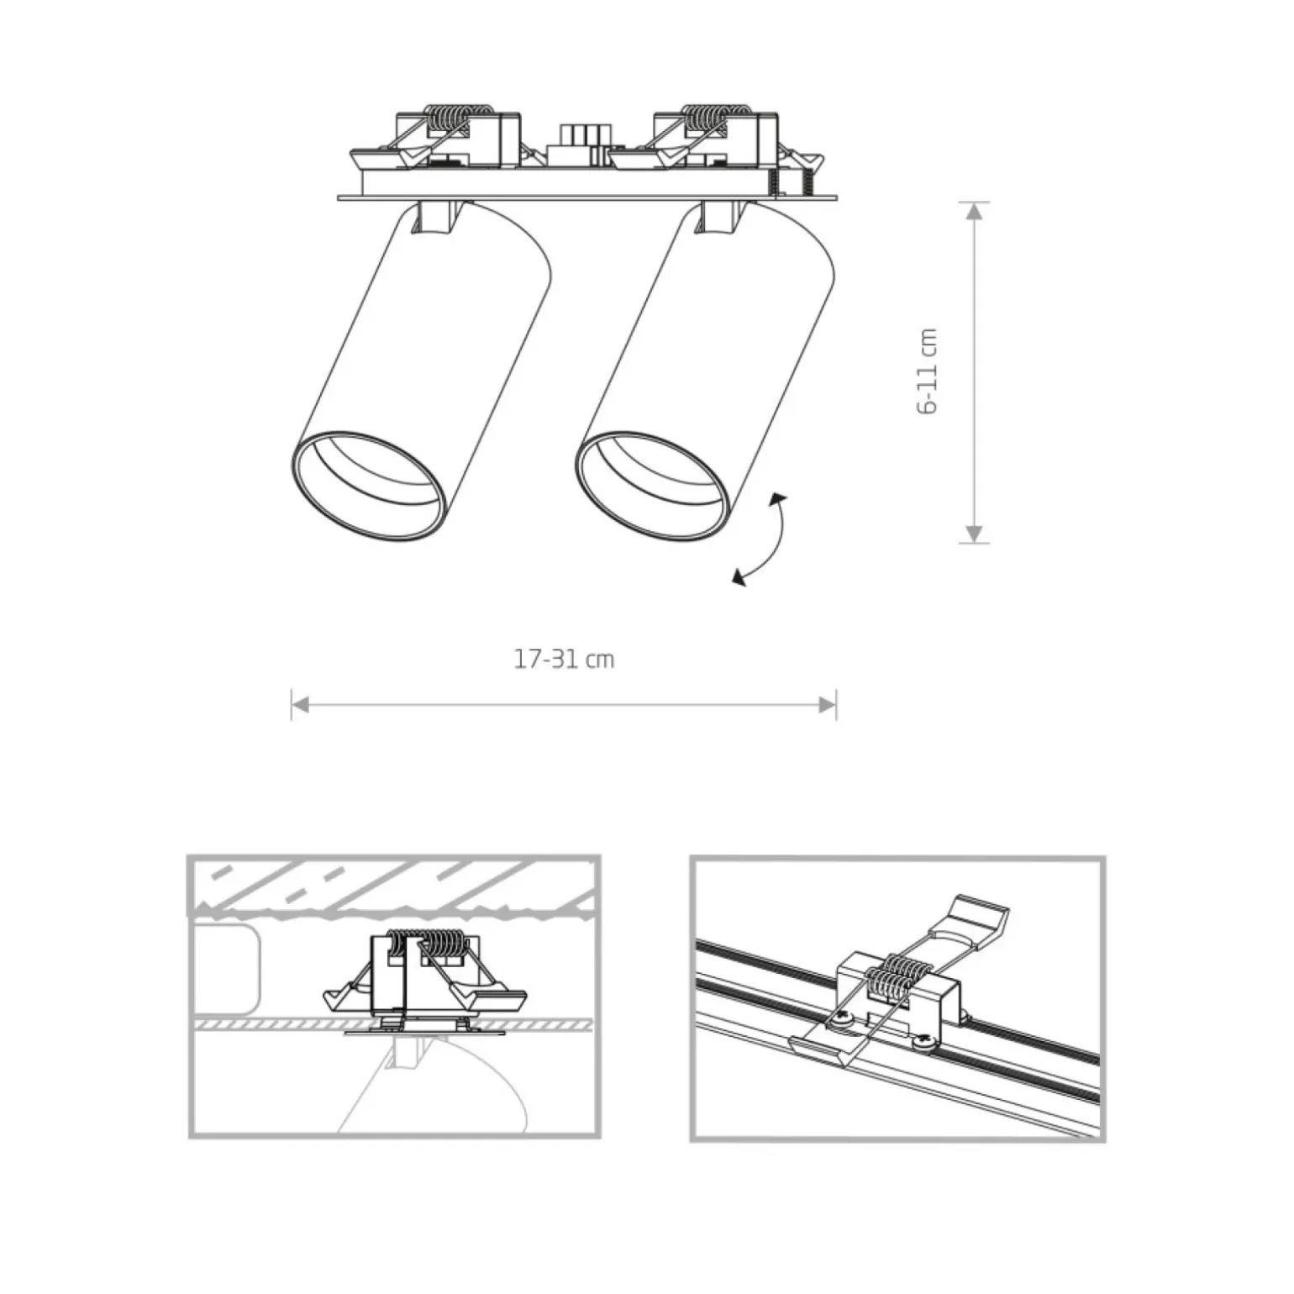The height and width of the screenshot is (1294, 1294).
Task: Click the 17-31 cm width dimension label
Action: pos(564,660)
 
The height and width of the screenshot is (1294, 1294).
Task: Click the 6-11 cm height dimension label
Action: pos(928,371)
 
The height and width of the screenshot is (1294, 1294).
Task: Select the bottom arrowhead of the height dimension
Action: pos(974,534)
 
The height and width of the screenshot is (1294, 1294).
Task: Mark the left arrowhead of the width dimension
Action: pos(301,704)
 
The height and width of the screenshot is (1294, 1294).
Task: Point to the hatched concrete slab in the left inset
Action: pos(392,886)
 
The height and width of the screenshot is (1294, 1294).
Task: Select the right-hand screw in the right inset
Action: pos(926,1042)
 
